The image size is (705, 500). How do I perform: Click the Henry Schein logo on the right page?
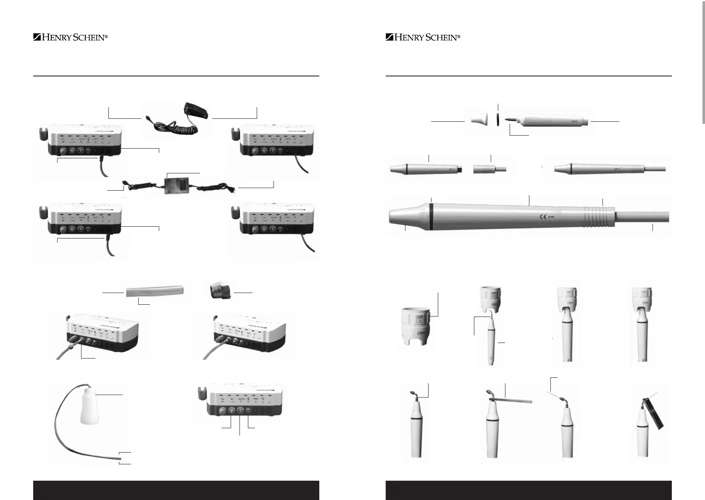(x=423, y=37)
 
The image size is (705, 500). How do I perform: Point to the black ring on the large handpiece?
(x=431, y=217)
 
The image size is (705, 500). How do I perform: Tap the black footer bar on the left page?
(x=176, y=490)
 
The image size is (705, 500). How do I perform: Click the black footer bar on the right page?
(x=529, y=490)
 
